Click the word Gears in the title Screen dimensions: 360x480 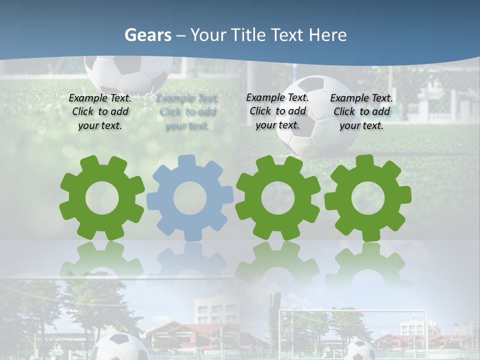(x=147, y=35)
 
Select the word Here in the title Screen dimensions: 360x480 (x=328, y=35)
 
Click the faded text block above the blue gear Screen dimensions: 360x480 (x=186, y=112)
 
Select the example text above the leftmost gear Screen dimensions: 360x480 (x=100, y=112)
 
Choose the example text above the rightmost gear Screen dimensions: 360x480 (x=361, y=112)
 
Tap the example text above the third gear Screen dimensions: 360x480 (x=277, y=111)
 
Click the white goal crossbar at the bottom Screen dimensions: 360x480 (x=353, y=311)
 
